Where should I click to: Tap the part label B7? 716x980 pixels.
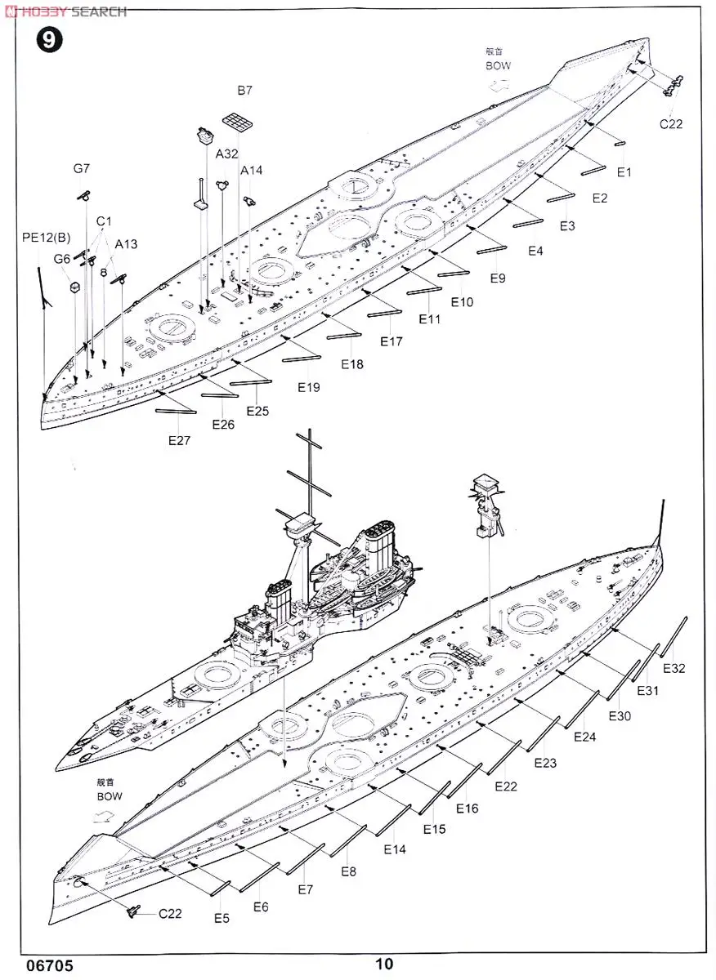pos(245,91)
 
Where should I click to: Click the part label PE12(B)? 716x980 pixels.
pos(47,238)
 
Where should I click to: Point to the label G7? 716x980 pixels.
pos(81,169)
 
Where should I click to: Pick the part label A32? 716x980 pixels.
pos(226,154)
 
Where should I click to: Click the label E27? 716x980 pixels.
pos(179,440)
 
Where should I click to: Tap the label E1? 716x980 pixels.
pos(624,172)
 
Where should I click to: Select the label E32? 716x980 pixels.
pos(674,668)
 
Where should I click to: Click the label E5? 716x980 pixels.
pos(222,918)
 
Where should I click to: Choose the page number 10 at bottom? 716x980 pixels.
pos(385,964)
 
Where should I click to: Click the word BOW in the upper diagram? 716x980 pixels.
pos(498,65)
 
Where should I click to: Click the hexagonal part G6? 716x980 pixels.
pos(74,287)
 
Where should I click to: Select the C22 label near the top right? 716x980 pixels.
pos(671,124)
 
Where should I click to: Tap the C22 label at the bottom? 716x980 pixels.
pos(170,913)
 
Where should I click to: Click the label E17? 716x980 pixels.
pos(392,342)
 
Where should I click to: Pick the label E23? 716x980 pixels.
pos(545,763)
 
